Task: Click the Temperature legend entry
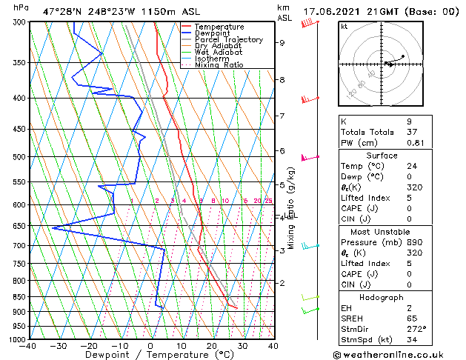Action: point(219,27)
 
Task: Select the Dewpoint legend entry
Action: point(214,33)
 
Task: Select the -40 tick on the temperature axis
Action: point(29,346)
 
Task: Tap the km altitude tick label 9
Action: point(282,43)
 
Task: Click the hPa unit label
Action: point(21,8)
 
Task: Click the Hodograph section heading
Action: point(382,297)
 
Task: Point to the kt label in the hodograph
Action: point(344,27)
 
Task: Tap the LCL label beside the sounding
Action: point(291,216)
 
